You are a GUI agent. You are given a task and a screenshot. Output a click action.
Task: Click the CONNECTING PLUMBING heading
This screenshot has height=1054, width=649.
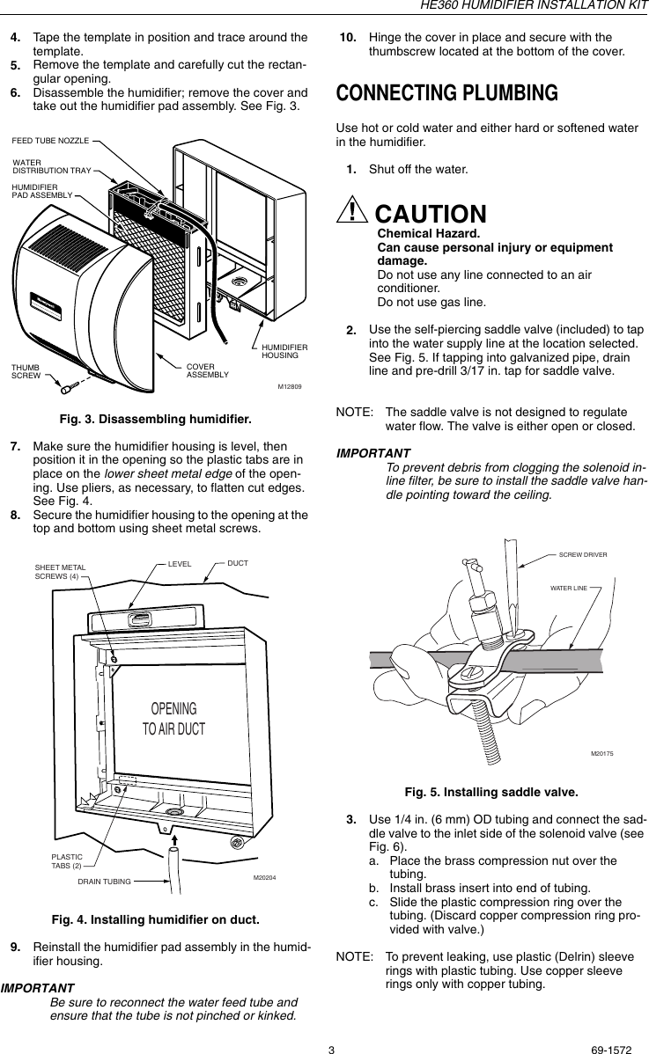click(x=447, y=93)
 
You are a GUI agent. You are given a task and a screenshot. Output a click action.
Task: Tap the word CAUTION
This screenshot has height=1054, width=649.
click(x=431, y=214)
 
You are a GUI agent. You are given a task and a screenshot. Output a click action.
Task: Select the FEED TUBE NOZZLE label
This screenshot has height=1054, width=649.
click(x=50, y=140)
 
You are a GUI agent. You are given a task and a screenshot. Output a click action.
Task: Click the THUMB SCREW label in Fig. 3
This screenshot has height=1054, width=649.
click(x=26, y=370)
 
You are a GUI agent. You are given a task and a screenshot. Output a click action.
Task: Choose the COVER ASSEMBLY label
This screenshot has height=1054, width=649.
click(x=207, y=370)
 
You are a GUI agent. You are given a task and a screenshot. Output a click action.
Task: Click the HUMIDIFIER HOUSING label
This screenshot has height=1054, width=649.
click(x=284, y=352)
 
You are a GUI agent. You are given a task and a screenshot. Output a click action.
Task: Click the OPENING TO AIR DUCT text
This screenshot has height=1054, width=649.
click(x=173, y=719)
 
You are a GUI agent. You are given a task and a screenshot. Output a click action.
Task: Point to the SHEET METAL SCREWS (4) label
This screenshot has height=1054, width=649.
click(x=60, y=572)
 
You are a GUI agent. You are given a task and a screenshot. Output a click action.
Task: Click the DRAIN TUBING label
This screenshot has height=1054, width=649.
click(x=104, y=881)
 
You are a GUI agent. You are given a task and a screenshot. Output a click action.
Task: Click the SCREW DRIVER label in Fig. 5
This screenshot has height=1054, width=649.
click(x=589, y=554)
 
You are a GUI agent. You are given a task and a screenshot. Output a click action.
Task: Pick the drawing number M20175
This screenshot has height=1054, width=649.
click(x=602, y=754)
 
